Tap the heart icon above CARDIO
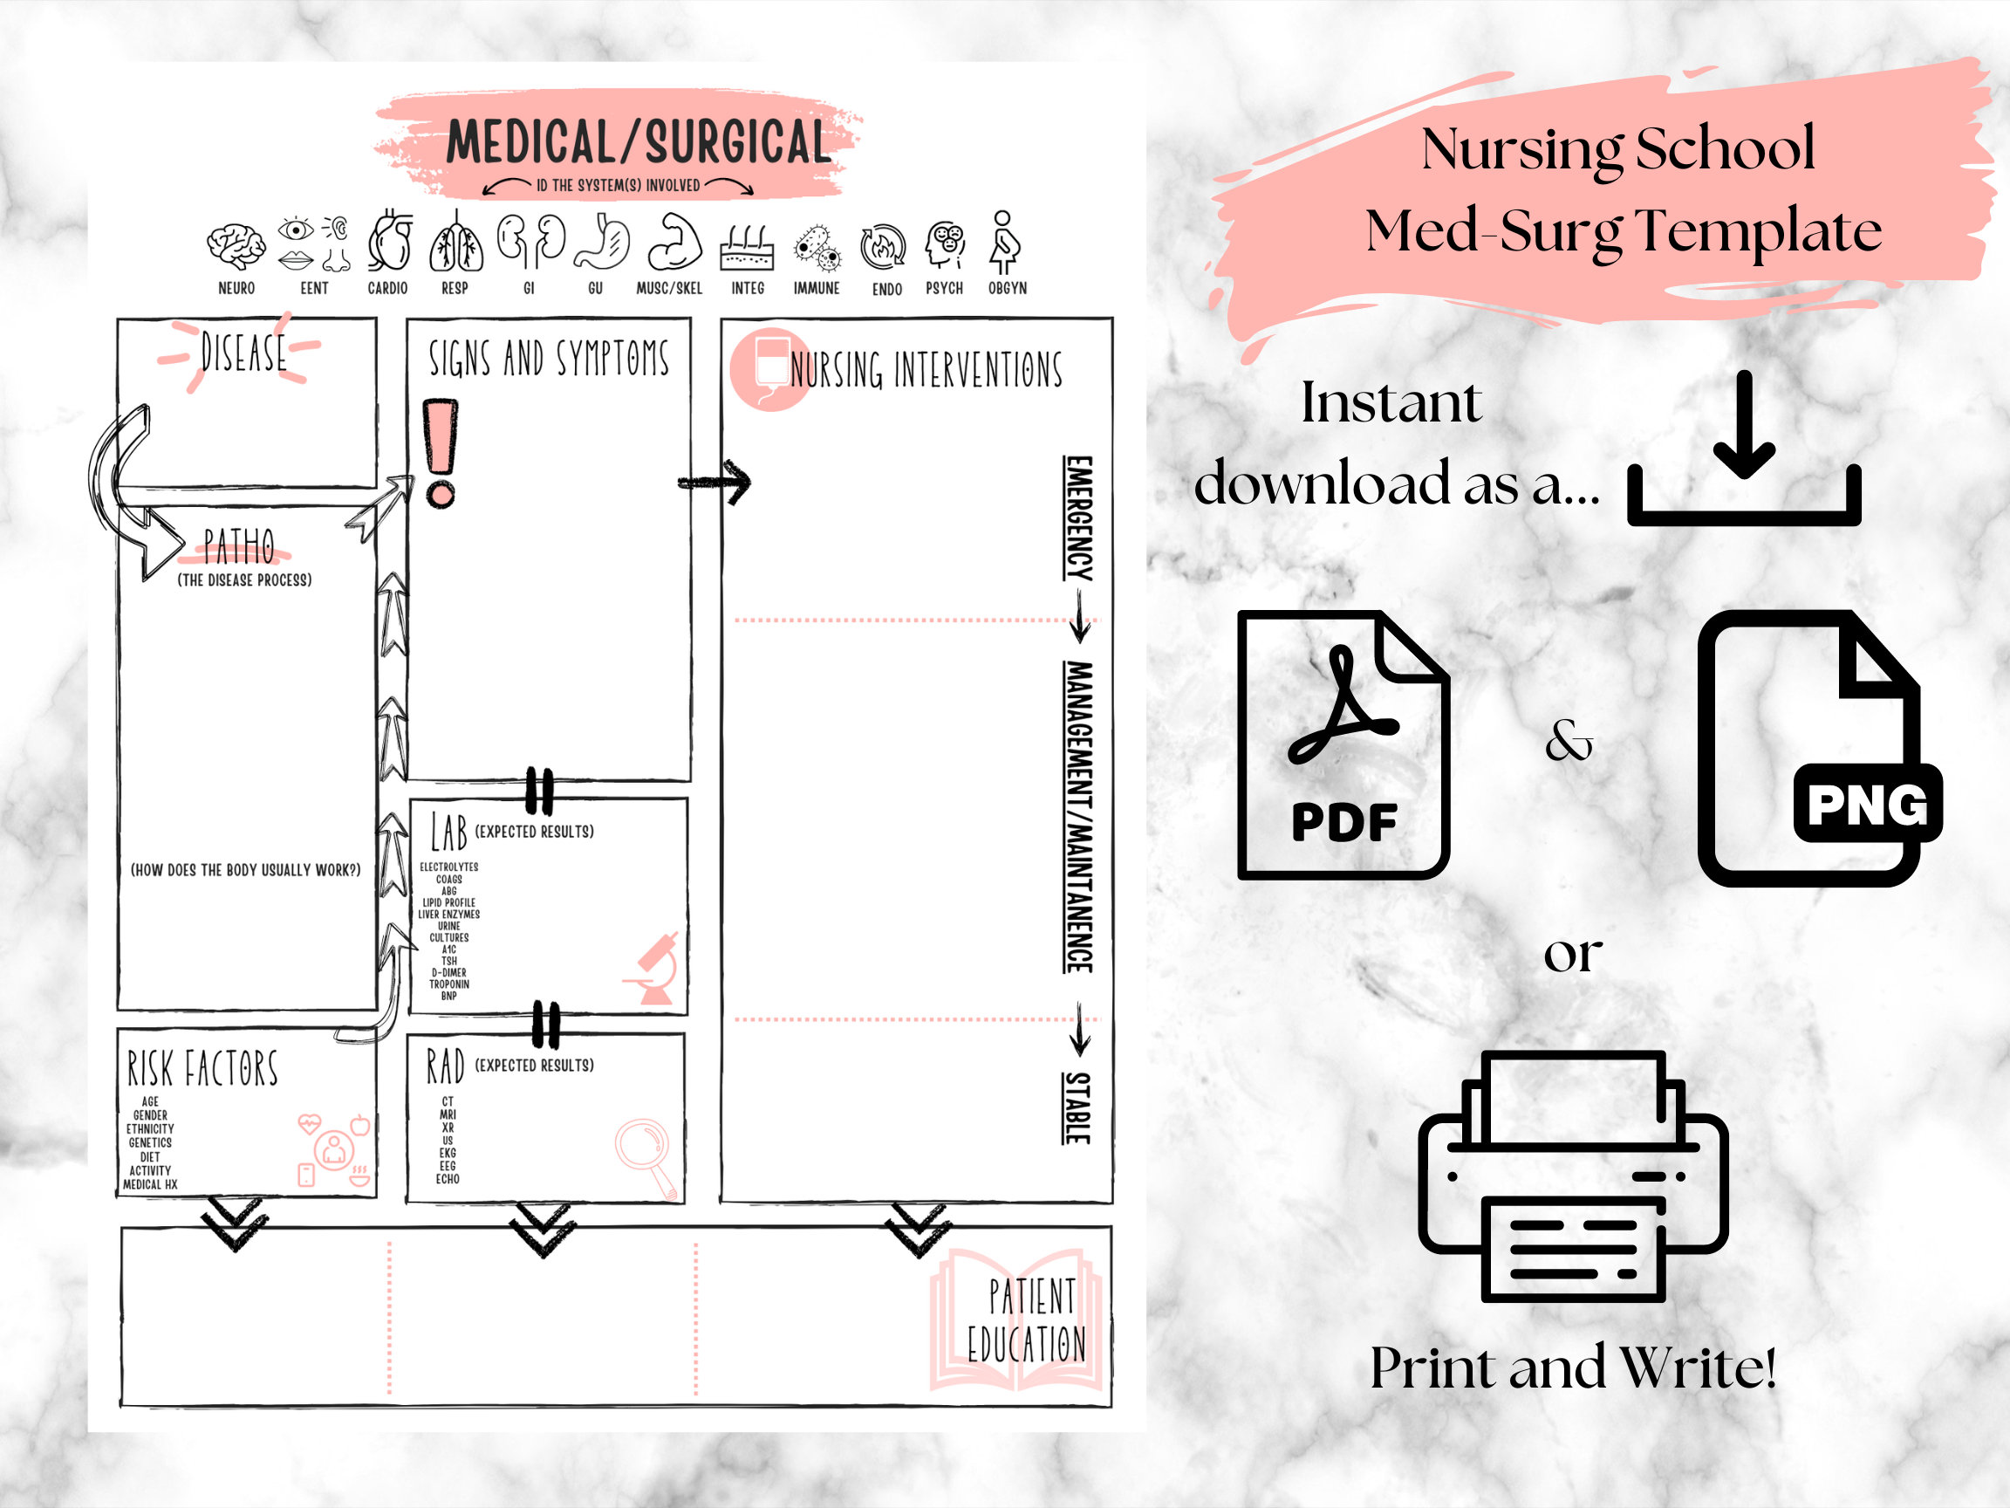pyautogui.click(x=390, y=242)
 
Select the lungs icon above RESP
pyautogui.click(x=456, y=243)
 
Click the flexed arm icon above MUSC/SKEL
pyautogui.click(x=674, y=243)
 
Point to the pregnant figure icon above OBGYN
pyautogui.click(x=1004, y=243)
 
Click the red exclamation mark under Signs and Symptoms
pyautogui.click(x=441, y=453)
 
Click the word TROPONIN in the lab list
pyautogui.click(x=449, y=984)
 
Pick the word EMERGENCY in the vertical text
pyautogui.click(x=1078, y=518)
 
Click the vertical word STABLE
pyautogui.click(x=1077, y=1108)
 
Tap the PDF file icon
pyautogui.click(x=1342, y=745)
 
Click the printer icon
pyautogui.click(x=1573, y=1176)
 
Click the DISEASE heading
pyautogui.click(x=243, y=353)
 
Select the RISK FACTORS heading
pyautogui.click(x=202, y=1069)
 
